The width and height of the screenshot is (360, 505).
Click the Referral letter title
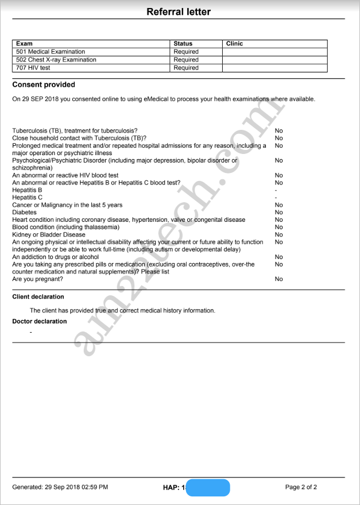[x=179, y=11]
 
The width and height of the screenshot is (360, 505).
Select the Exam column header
[x=25, y=44]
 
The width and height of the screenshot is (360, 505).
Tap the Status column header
[x=183, y=44]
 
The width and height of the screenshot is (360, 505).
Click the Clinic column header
[x=235, y=44]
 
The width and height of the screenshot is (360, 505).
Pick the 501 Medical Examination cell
[x=51, y=52]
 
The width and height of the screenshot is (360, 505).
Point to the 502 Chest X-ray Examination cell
[x=56, y=60]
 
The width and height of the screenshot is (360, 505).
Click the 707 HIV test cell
[x=33, y=68]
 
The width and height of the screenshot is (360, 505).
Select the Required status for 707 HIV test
[x=186, y=68]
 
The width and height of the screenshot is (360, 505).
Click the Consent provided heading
[x=44, y=85]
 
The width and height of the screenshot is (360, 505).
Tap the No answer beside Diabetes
[x=278, y=213]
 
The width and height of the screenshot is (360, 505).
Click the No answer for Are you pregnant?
[x=278, y=279]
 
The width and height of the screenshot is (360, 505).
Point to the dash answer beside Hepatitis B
[x=276, y=190]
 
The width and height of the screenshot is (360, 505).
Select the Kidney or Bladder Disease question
[x=49, y=234]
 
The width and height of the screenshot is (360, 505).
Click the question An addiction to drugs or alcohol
[x=56, y=257]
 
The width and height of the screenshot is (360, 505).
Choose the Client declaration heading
[x=38, y=297]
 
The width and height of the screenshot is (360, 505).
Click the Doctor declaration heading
[x=40, y=321]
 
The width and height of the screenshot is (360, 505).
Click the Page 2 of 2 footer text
[x=301, y=487]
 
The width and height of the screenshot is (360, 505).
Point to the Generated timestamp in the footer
[x=60, y=487]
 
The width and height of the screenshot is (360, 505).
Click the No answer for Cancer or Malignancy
[x=278, y=205]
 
